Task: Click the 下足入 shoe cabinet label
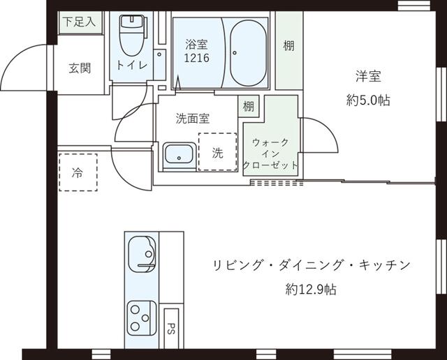pos(79,22)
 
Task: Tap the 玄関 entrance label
pos(80,68)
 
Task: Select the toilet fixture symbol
pos(132,35)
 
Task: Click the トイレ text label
pos(132,66)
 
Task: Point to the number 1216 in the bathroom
pos(197,58)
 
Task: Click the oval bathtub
pos(249,53)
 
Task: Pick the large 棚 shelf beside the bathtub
pos(288,50)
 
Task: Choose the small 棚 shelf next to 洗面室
pos(249,106)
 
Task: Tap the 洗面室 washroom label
pos(193,119)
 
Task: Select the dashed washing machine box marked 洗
pos(218,152)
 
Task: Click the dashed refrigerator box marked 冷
pos(78,172)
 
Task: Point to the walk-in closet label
pos(270,153)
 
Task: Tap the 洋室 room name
pos(368,76)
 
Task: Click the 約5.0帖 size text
pos(368,100)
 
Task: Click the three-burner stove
pos(142,318)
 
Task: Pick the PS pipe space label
pos(171,329)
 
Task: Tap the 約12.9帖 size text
pos(311,290)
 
